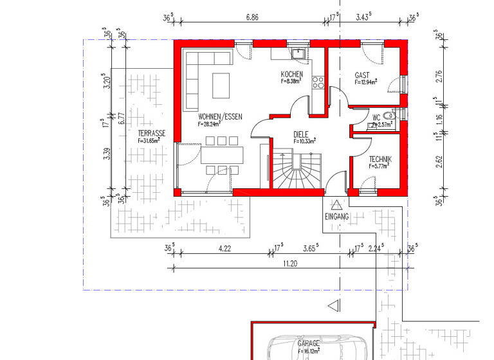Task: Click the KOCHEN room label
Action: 291,75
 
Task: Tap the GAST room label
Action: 362,75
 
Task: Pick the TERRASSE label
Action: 151,133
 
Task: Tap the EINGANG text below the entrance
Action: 336,217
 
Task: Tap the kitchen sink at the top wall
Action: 298,53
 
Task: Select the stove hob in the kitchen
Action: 318,82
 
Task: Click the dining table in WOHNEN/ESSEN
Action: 222,155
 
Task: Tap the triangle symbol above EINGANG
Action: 336,205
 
